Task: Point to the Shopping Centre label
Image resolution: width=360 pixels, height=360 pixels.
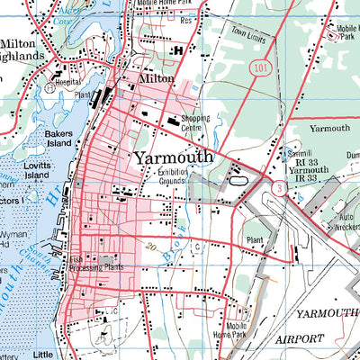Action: (x=195, y=122)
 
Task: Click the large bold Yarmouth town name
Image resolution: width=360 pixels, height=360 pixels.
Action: (x=174, y=157)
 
